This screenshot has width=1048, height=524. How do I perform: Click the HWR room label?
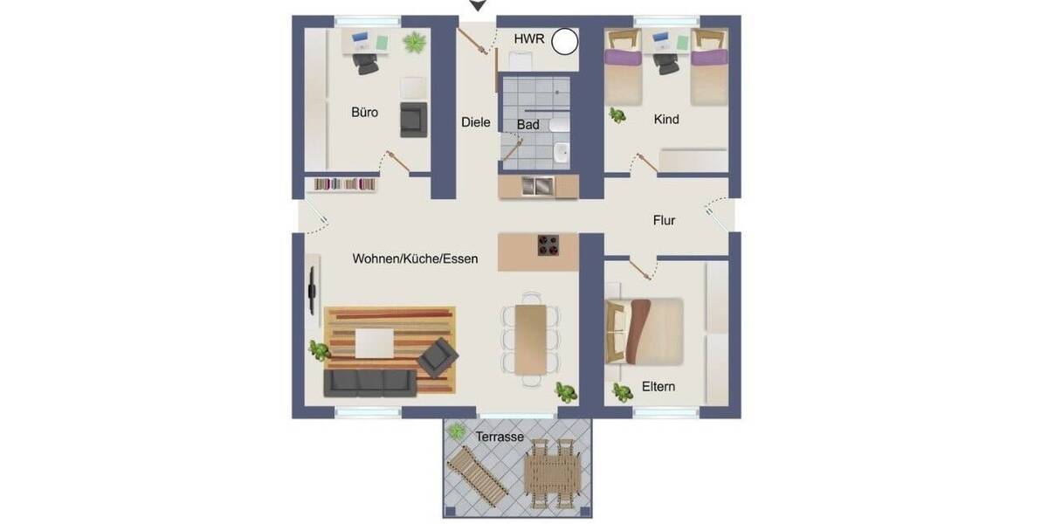(x=529, y=39)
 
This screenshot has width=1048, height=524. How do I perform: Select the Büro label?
(x=365, y=113)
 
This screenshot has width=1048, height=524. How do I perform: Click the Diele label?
(x=476, y=123)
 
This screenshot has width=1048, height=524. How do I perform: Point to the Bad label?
(x=528, y=126)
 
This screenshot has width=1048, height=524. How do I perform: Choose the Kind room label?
(x=666, y=120)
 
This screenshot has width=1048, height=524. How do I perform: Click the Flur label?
(x=665, y=221)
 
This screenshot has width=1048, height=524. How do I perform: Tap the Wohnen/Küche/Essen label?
(x=415, y=259)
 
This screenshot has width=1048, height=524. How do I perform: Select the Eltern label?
(x=658, y=386)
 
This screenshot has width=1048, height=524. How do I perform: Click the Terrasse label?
(x=500, y=436)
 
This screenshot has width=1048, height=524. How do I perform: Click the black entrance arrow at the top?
(x=477, y=6)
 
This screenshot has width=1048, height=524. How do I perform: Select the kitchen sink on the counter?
(x=538, y=185)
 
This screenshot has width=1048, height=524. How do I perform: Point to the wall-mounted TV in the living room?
(x=311, y=288)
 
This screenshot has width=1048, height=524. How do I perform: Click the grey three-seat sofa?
(x=369, y=383)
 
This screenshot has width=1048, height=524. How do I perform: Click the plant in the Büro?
(x=414, y=41)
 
